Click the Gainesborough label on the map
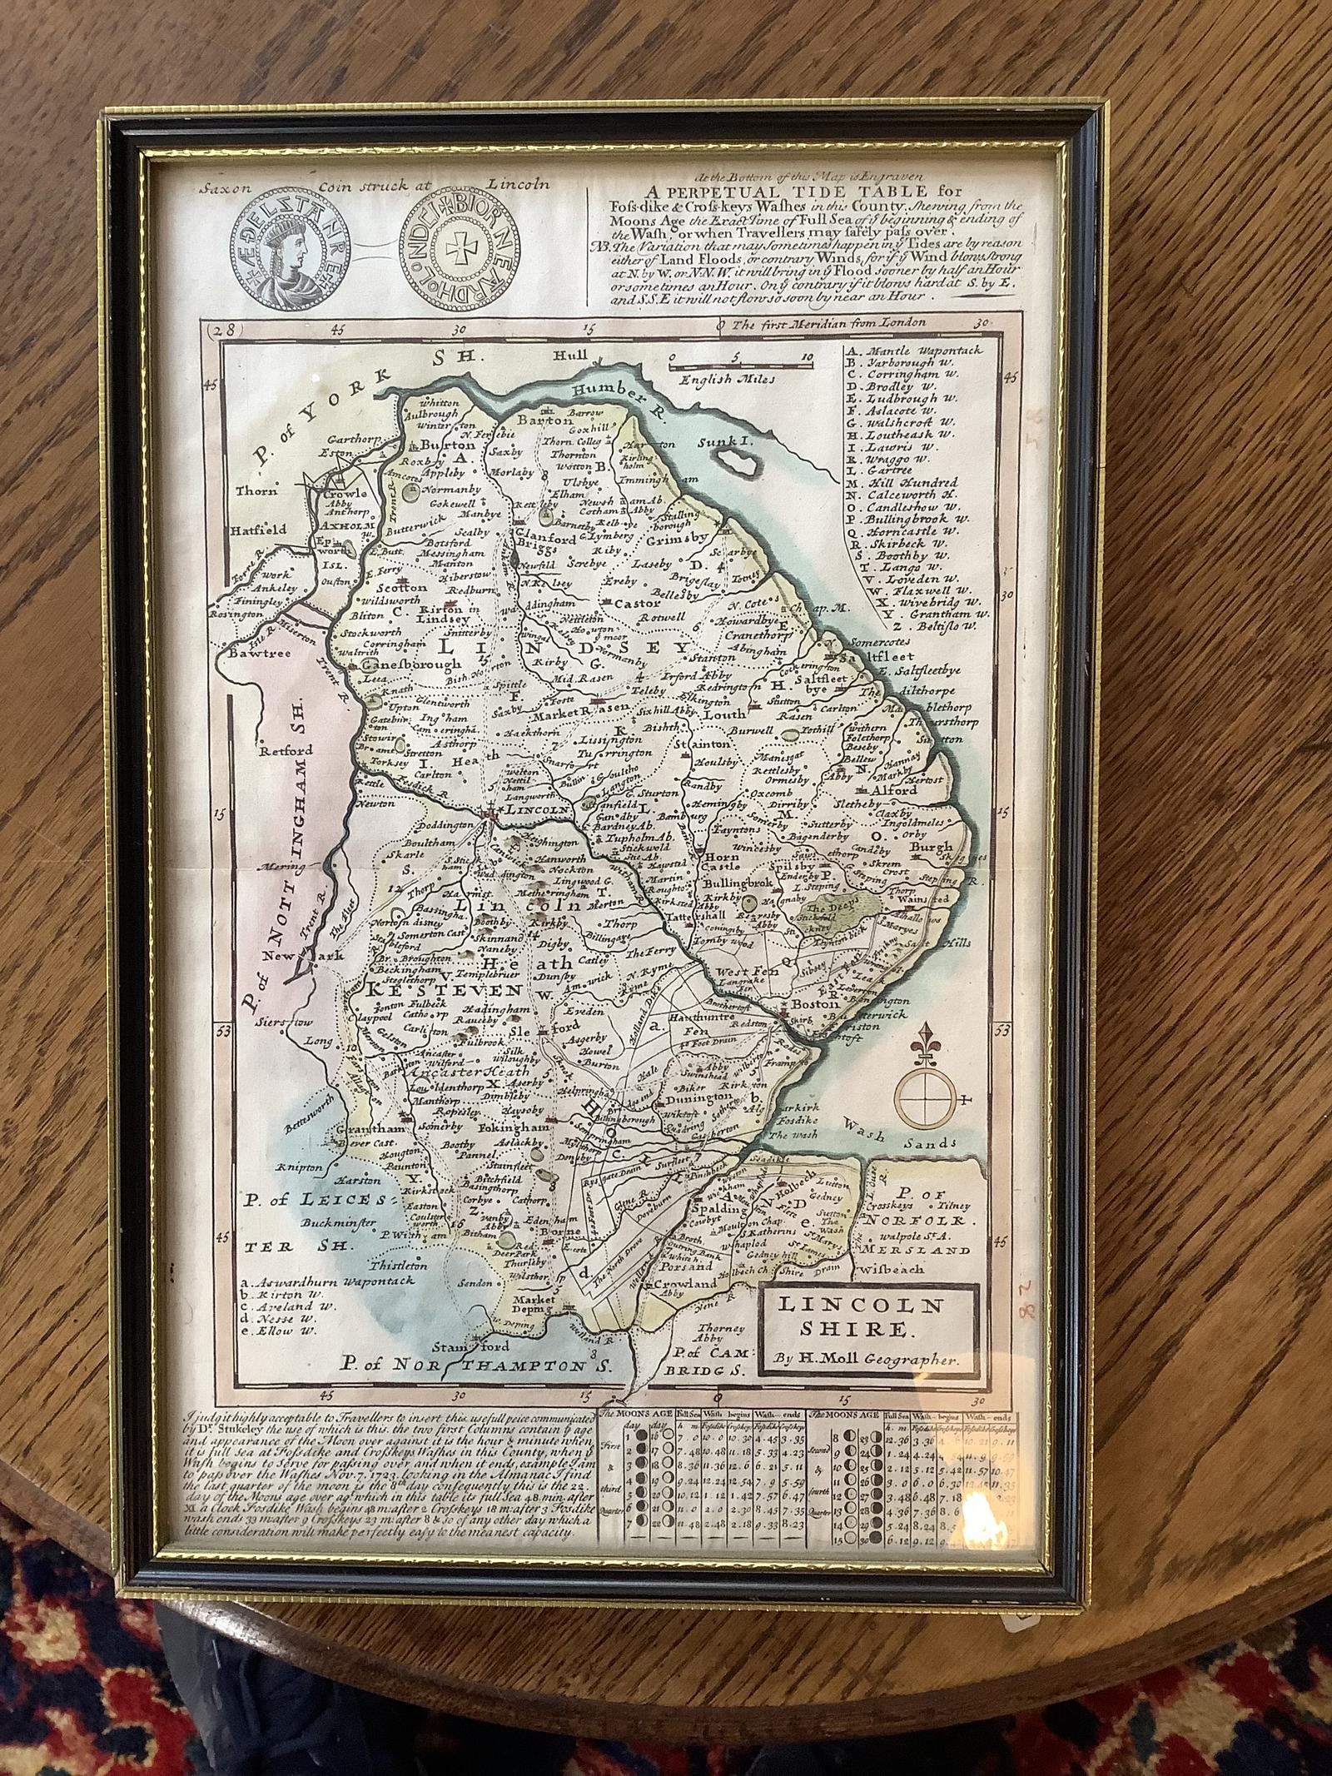coord(409,664)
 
